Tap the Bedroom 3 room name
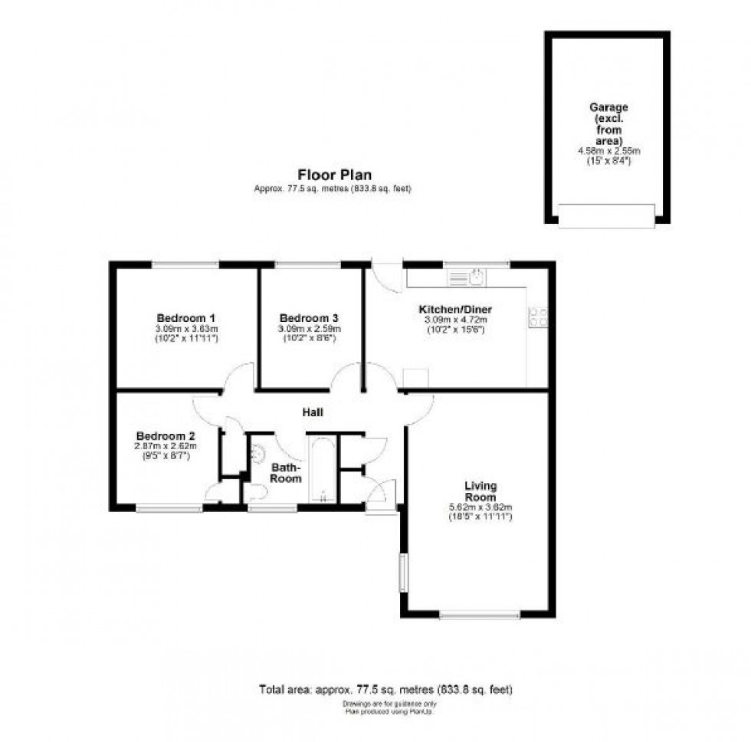[x=309, y=318]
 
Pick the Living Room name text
[x=480, y=491]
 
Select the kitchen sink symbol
[x=475, y=276]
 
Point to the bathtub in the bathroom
[x=320, y=468]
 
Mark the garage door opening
[x=607, y=215]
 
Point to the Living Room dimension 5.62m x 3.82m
[x=480, y=507]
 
